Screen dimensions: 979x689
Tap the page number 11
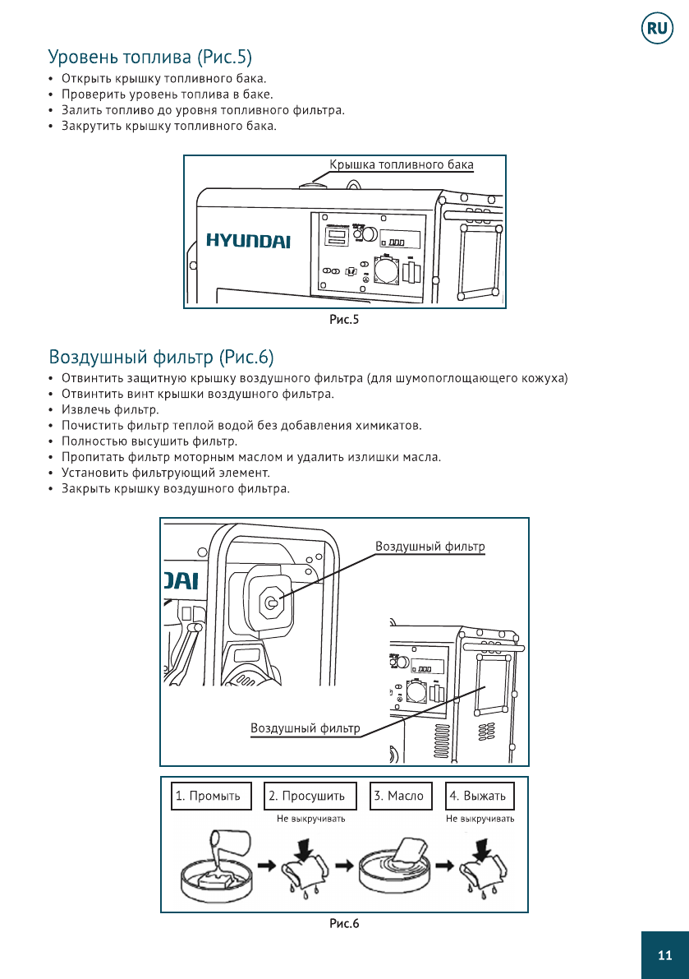(664, 954)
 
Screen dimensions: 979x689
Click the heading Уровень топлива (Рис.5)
(150, 57)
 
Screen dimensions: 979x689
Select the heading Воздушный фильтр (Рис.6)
(161, 358)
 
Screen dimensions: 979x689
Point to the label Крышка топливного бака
(402, 164)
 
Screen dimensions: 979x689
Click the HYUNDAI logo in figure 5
(248, 240)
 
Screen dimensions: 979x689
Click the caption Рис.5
(344, 320)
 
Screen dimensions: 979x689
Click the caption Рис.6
(344, 924)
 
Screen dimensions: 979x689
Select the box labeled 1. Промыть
(209, 796)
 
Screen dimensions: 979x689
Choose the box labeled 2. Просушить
(310, 796)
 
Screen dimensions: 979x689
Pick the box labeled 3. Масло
(401, 796)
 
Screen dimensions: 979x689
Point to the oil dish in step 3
(395, 871)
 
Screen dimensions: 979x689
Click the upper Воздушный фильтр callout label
(430, 547)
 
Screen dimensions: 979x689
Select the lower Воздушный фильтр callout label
(305, 728)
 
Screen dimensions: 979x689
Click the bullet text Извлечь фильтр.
(110, 409)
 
